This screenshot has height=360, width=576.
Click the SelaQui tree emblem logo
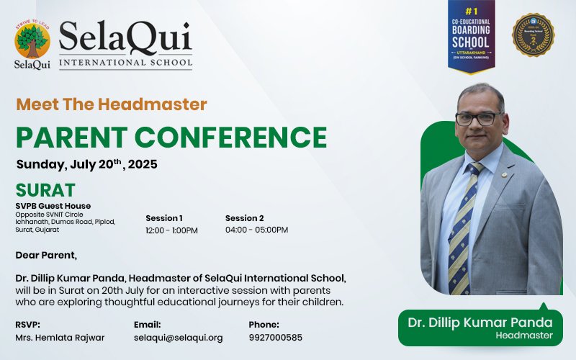(32, 42)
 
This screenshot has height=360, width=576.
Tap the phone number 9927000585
(276, 338)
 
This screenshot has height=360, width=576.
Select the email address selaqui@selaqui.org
(178, 338)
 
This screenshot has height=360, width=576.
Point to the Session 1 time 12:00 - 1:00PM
(171, 230)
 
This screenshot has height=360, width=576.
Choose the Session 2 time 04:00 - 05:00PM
(256, 230)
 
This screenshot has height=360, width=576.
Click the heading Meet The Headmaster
(111, 104)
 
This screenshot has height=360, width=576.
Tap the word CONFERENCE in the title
(233, 137)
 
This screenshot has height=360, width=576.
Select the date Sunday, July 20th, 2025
(86, 164)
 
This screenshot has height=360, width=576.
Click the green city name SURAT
(45, 191)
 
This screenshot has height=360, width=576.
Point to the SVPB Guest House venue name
(53, 206)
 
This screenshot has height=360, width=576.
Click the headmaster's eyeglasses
(478, 117)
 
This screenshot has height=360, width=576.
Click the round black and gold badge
(533, 35)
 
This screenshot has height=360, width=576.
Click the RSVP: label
(27, 325)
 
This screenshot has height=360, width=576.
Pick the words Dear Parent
(45, 254)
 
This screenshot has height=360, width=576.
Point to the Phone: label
(264, 325)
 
